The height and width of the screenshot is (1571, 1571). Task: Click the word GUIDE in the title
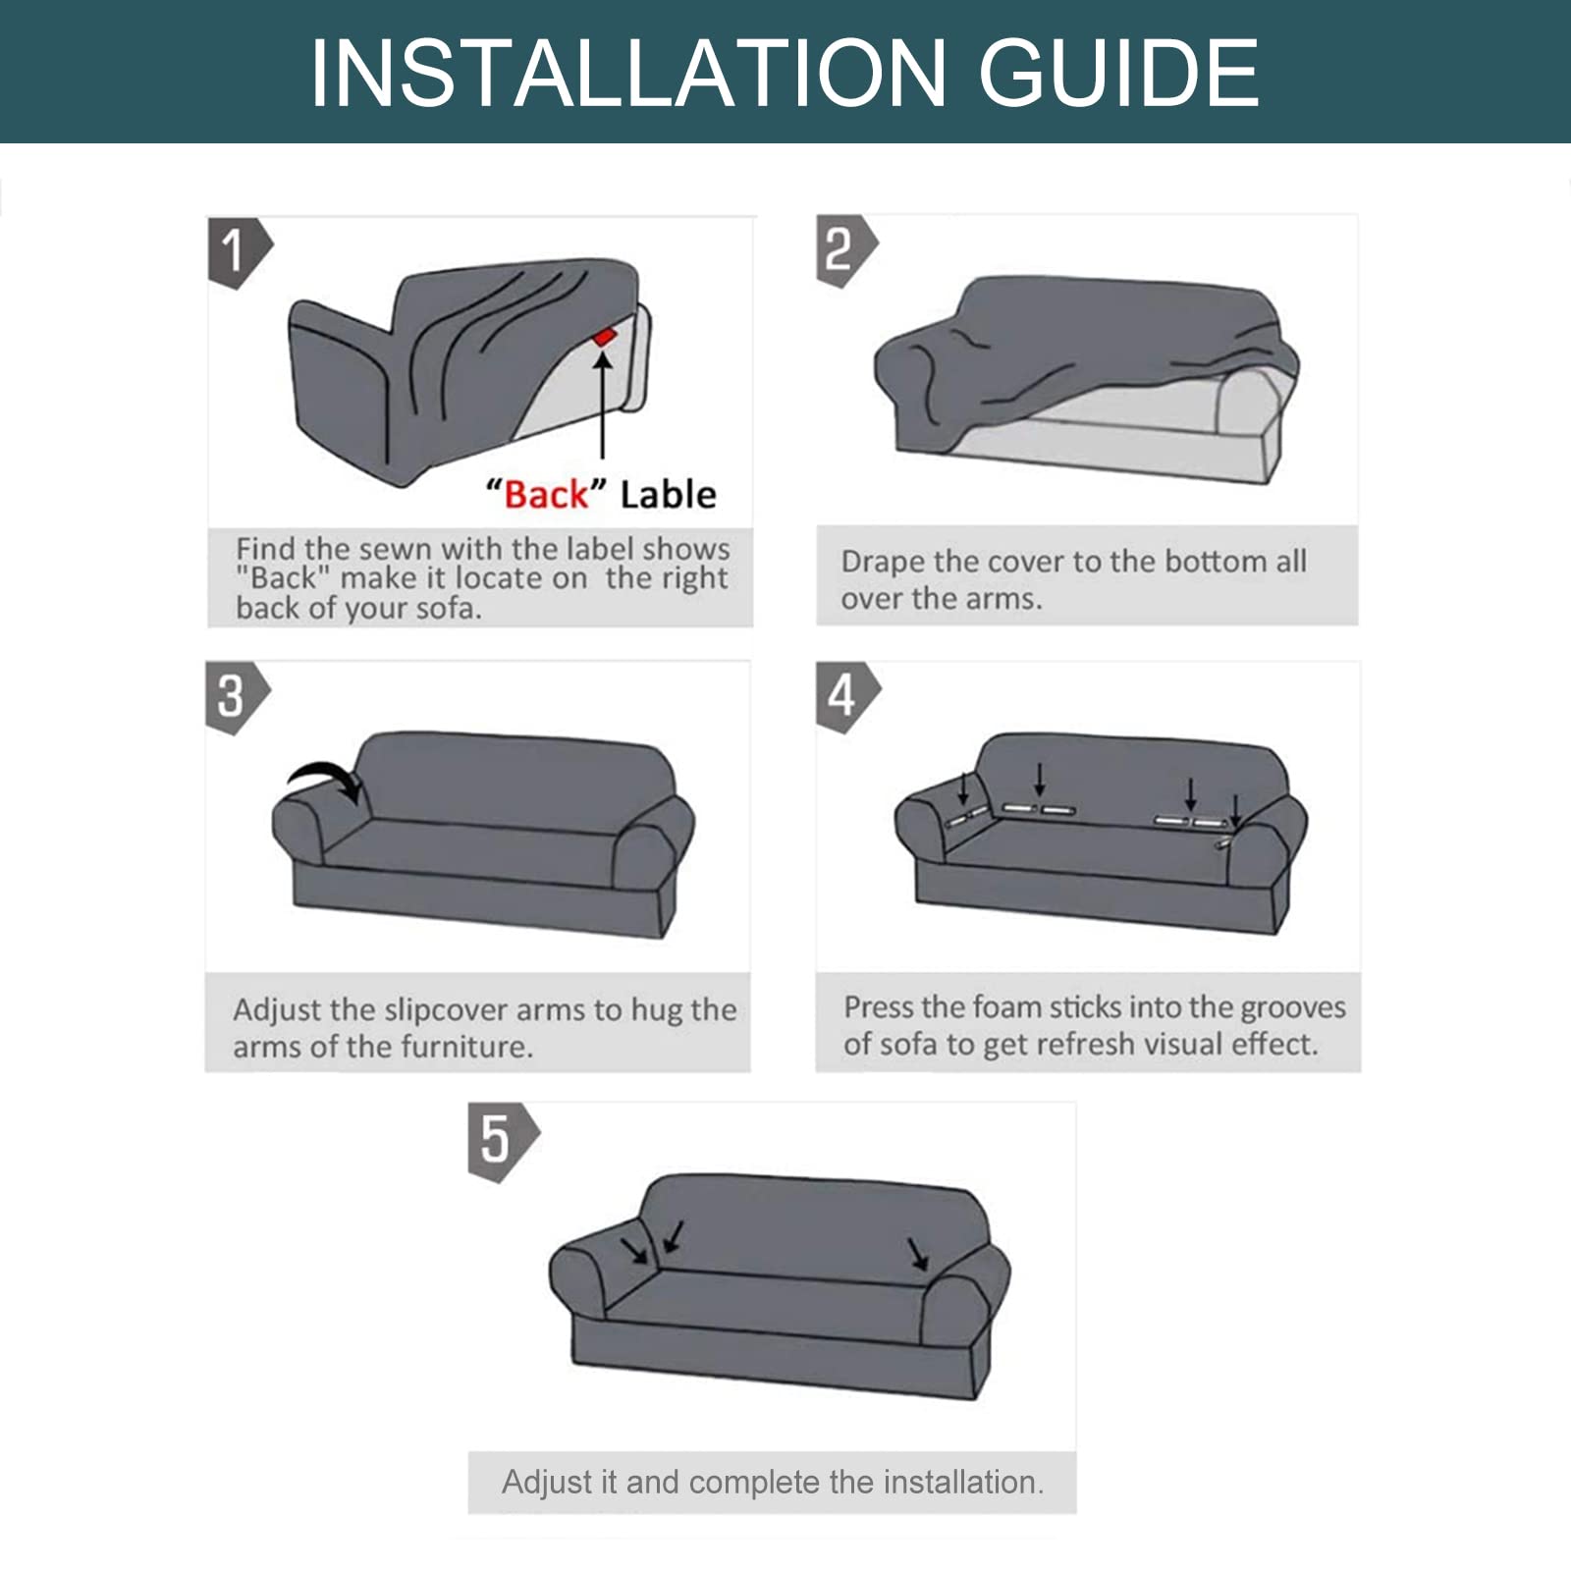[x=1118, y=73]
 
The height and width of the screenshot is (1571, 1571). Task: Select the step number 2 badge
[x=845, y=251]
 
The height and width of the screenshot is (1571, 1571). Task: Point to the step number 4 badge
[x=847, y=697]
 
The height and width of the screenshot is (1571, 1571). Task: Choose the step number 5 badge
[x=502, y=1141]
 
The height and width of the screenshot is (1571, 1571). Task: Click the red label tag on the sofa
[x=604, y=337]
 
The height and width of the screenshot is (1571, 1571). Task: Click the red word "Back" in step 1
[x=545, y=493]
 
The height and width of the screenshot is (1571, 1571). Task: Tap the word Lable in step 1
[x=668, y=494]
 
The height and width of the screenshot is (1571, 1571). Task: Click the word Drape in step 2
[x=883, y=563]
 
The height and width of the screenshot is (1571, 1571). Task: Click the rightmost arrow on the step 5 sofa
[x=918, y=1254]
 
